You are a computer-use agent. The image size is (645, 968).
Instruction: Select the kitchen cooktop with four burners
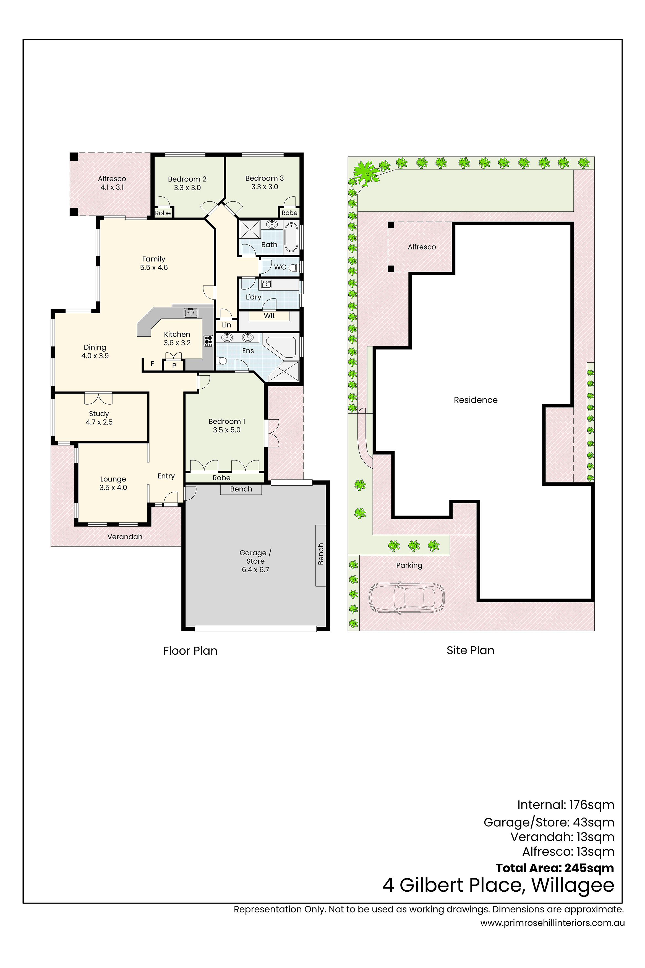tap(208, 341)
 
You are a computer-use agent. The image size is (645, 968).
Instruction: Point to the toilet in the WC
tap(293, 268)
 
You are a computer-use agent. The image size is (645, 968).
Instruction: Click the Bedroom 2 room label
tap(187, 179)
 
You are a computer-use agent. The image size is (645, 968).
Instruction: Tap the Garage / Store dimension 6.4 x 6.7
tap(255, 570)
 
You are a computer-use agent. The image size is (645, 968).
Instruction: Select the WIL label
tap(270, 316)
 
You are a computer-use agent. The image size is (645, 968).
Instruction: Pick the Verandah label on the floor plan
tap(125, 537)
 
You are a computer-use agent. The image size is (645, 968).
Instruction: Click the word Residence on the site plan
tap(476, 400)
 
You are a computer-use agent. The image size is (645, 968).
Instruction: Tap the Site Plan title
tap(471, 650)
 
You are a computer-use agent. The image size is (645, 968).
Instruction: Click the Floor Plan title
tap(190, 651)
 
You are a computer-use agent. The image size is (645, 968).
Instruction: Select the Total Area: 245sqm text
tap(555, 868)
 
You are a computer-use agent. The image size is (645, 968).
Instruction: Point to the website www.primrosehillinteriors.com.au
tap(552, 923)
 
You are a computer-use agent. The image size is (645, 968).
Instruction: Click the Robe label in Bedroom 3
tap(289, 213)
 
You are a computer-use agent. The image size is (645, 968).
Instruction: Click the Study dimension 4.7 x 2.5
tap(99, 422)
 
